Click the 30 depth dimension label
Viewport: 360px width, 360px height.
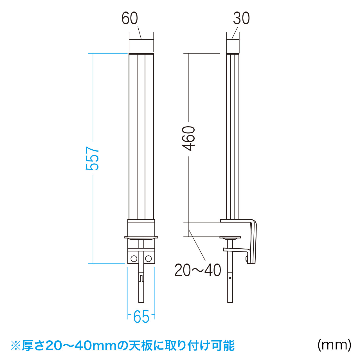[x=241, y=18]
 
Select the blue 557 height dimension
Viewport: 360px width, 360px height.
[x=92, y=158]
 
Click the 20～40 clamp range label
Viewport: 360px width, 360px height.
[x=198, y=270]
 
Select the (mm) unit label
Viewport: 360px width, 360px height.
[x=334, y=345]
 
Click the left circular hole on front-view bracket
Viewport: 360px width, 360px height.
[x=134, y=259]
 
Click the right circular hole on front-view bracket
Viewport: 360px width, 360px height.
[x=148, y=259]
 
